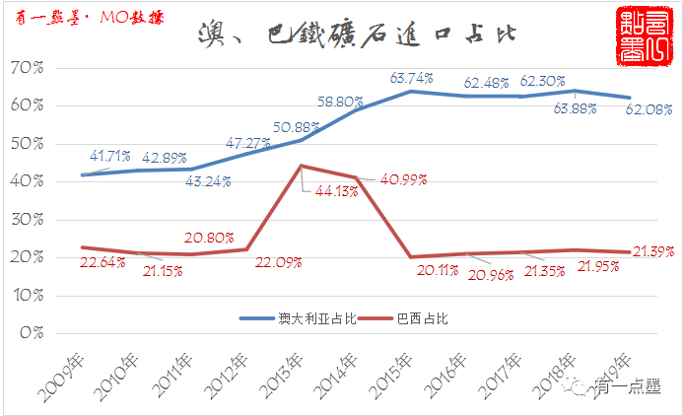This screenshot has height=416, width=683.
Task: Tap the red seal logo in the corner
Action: [641, 35]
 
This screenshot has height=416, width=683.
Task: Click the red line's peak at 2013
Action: [301, 166]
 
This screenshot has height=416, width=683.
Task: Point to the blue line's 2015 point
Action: [410, 92]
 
